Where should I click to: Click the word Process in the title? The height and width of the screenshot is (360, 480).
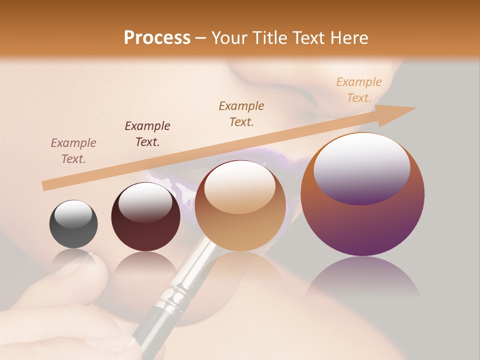tap(157, 38)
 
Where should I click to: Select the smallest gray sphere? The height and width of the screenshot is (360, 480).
tap(73, 224)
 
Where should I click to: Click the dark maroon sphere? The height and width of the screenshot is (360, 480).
tap(145, 217)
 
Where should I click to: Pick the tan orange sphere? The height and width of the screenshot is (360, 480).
tap(240, 206)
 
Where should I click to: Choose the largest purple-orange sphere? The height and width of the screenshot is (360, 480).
tap(362, 195)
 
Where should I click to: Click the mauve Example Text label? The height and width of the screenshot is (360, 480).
tap(73, 151)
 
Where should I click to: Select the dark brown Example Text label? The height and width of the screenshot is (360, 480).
tap(147, 133)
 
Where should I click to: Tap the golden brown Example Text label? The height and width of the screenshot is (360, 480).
tap(241, 113)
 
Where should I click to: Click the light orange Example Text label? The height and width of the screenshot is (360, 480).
tap(359, 90)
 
